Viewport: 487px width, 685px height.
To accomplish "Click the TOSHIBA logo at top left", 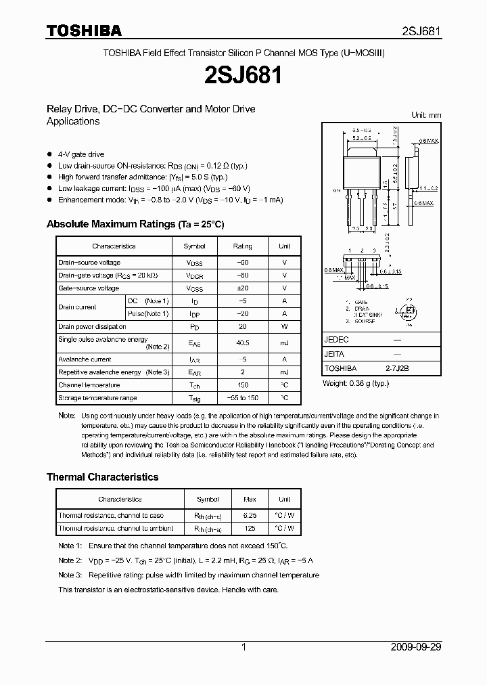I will coord(84,31).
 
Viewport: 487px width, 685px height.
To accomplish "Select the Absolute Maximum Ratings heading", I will coord(135,224).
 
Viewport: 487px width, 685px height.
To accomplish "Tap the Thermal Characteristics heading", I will coord(102,477).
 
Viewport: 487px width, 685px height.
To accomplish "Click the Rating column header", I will coord(242,246).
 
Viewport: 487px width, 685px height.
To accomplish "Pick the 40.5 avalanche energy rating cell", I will coord(242,343).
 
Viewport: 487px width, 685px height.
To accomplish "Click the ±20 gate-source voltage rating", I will coord(242,288).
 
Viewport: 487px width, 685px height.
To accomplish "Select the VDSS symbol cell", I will coord(194,263).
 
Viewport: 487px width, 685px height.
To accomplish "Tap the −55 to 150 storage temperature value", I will coord(242,398).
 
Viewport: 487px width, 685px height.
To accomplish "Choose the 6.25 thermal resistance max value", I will coord(250,516).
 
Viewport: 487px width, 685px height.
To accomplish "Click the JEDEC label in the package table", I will coord(337,340).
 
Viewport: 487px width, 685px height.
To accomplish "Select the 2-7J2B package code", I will coord(396,368).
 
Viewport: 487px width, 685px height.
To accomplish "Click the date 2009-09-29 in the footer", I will coord(415,647).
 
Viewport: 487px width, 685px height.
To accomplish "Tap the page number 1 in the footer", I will coord(243,647).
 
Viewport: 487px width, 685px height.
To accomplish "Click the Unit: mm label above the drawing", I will coord(426,115).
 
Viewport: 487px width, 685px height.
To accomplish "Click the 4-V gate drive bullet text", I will coord(81,154).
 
